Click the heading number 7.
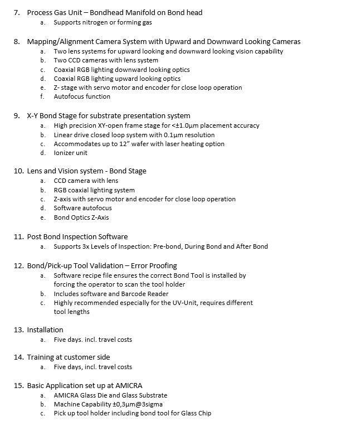(x=17, y=12)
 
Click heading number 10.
(x=18, y=171)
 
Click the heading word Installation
(x=45, y=330)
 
